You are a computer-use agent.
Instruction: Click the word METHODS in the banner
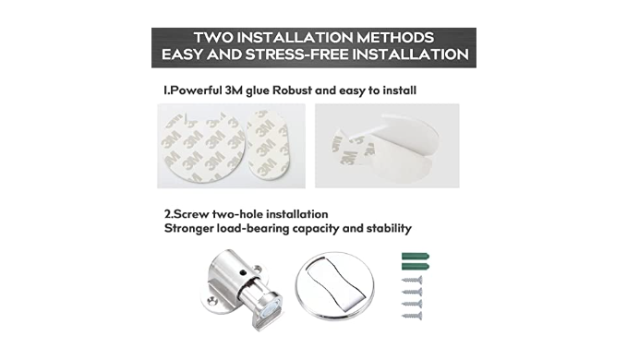click(x=395, y=38)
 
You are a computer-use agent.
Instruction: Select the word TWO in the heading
click(x=213, y=38)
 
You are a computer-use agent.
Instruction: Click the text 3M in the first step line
click(x=234, y=90)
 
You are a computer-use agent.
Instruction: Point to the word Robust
click(x=292, y=90)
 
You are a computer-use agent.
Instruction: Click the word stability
click(x=389, y=229)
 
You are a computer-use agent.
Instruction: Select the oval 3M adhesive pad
click(x=269, y=145)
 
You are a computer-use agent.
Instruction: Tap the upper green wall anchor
click(x=416, y=256)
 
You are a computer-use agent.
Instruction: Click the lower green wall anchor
click(x=416, y=267)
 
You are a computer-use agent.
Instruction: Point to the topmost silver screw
click(x=412, y=280)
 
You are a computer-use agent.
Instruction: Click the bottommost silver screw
click(x=412, y=316)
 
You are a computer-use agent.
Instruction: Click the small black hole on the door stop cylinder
click(x=243, y=273)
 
